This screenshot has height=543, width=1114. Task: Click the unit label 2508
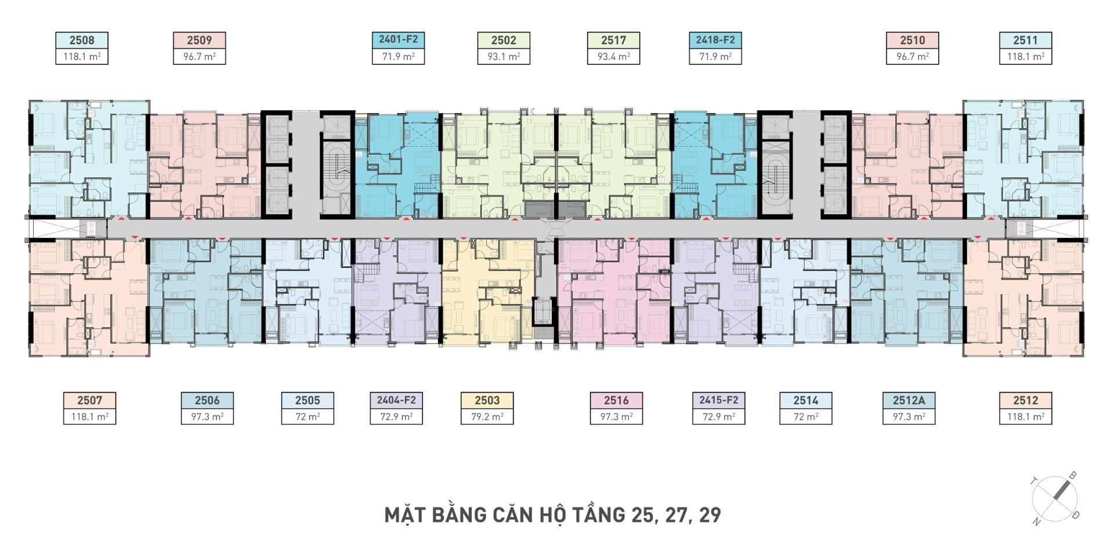82,40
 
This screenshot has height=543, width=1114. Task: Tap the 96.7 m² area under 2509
200,56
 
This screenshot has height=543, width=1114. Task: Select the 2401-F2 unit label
398,39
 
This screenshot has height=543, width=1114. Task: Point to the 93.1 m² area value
504,56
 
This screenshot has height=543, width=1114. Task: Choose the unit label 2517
613,40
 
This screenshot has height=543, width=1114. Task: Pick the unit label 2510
912,40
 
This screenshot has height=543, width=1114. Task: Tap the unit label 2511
1025,40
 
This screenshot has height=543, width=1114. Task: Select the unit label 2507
89,400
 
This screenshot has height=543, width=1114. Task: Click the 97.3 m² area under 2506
207,417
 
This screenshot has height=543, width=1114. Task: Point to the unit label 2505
308,400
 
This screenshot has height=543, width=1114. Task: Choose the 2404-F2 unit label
396,400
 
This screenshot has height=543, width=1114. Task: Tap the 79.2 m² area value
487,417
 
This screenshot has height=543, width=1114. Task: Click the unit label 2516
616,400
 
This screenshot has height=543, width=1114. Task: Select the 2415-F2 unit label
718,400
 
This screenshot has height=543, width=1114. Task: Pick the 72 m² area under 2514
806,417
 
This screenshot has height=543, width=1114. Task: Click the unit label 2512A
909,400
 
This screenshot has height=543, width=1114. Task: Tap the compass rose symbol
1055,498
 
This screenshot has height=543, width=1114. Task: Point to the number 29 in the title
710,515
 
